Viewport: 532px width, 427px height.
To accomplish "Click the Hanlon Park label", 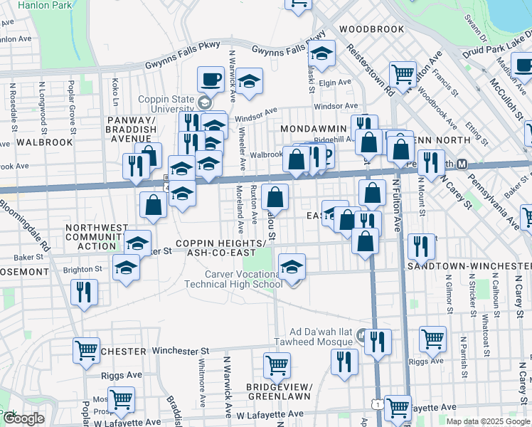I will (27, 4).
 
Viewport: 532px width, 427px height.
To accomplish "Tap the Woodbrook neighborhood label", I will (371, 29).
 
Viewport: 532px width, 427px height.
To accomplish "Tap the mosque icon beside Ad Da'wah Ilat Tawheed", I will (361, 334).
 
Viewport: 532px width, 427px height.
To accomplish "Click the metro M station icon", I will (462, 164).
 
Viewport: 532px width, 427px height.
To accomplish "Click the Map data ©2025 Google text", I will (486, 421).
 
